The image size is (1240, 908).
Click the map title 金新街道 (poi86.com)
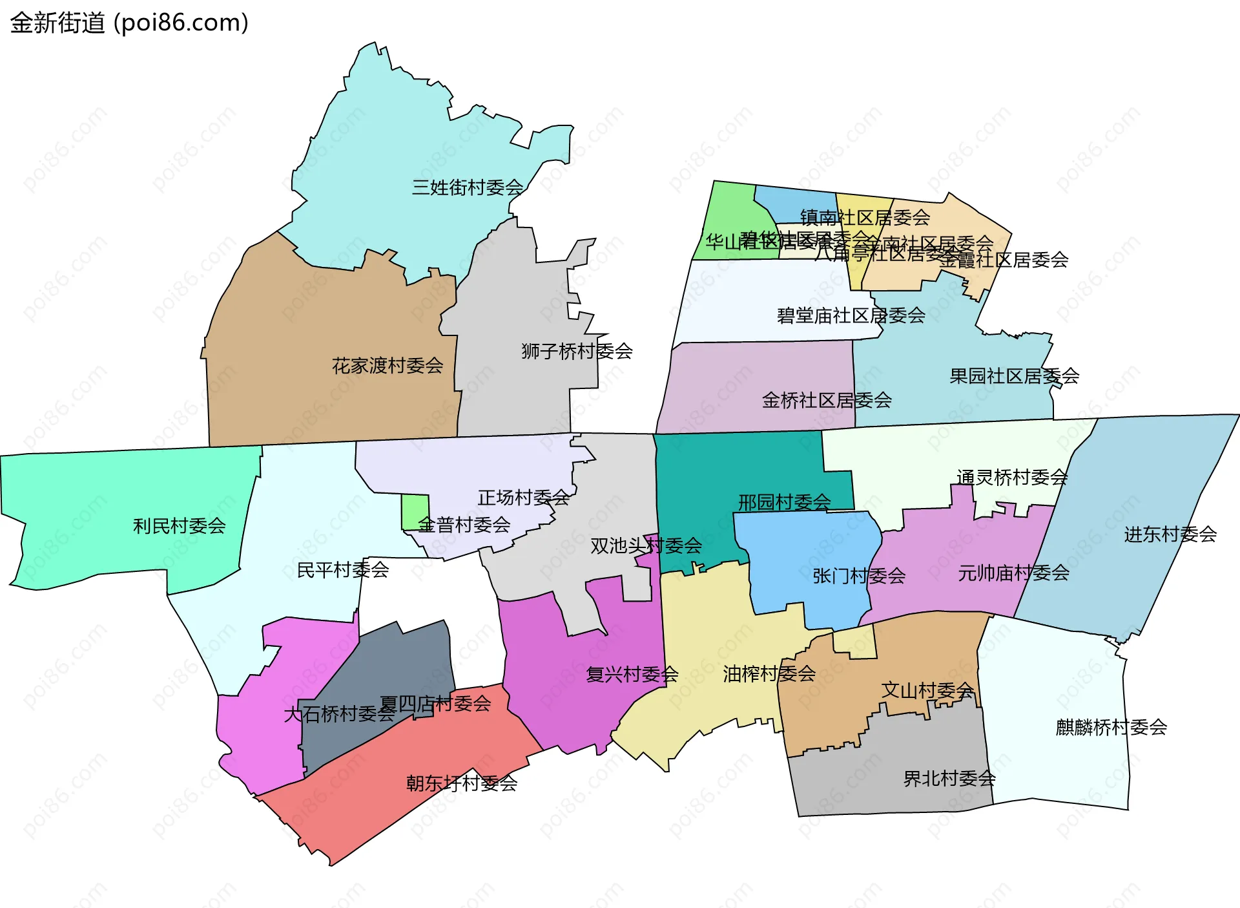coord(129,23)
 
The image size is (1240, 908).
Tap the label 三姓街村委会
coord(468,187)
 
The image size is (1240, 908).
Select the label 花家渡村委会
coord(387,366)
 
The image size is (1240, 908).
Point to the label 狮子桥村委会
coord(577,351)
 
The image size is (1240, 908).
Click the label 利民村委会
coord(179,526)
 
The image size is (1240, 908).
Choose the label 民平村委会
coord(342,570)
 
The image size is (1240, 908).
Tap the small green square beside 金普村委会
coord(415,512)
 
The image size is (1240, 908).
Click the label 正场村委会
coord(523,498)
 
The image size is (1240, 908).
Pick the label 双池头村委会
coord(646,546)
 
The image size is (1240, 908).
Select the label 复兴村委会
coord(632,675)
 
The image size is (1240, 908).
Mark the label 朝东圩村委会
coord(462,783)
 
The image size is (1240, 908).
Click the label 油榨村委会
coord(769,674)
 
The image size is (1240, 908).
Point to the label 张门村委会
coord(859,576)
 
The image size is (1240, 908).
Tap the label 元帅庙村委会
coord(1013,573)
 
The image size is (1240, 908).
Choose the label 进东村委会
coord(1170,534)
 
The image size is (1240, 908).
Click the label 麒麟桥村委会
coord(1111,728)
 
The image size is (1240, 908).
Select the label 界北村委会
coord(949,779)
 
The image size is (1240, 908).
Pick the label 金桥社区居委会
coord(827,401)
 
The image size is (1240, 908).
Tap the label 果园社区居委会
coord(1014,376)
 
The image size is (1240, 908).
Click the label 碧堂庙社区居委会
coord(851,316)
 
